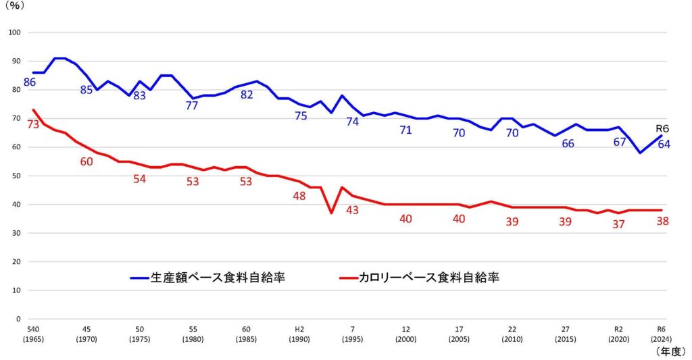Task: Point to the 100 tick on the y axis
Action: (15, 32)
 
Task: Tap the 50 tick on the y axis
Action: (17, 176)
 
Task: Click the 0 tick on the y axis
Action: (19, 319)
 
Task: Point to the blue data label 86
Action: (30, 82)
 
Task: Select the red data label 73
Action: (33, 124)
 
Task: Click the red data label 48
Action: (299, 196)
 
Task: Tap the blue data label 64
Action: (664, 144)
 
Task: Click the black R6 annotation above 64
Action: (663, 128)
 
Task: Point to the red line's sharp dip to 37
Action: (331, 213)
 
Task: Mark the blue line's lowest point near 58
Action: (640, 153)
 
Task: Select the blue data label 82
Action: (247, 95)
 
